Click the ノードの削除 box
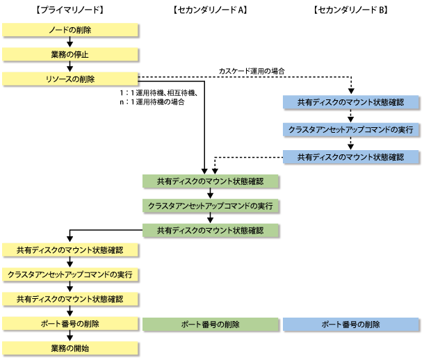tap(70, 30)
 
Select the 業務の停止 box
tap(70, 54)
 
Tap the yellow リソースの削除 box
tap(70, 79)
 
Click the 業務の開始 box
tap(70, 348)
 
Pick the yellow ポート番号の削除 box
tap(70, 324)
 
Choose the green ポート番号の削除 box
tap(211, 324)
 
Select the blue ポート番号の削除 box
tap(351, 324)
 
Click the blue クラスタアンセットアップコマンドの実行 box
tap(351, 129)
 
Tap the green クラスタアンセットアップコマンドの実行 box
tap(211, 206)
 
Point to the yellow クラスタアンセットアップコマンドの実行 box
tap(70, 275)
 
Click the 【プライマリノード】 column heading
tap(70, 10)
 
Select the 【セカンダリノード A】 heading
tap(210, 10)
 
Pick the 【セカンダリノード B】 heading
tap(351, 10)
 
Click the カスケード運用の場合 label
tap(252, 71)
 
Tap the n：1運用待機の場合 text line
tap(152, 102)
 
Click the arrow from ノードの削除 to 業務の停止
tap(70, 42)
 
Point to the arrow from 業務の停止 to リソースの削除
tap(70, 67)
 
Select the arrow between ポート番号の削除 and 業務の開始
tap(70, 336)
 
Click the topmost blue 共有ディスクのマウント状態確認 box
tap(351, 102)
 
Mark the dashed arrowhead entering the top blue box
tap(351, 91)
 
